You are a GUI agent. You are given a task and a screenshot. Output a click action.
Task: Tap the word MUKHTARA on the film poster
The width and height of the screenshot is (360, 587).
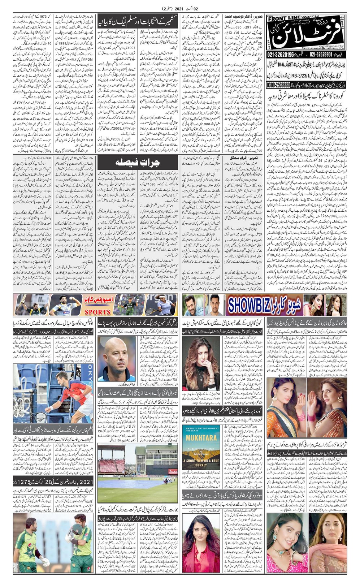pos(201,438)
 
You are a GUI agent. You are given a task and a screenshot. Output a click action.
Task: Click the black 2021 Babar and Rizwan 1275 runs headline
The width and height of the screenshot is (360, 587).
pos(53,482)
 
